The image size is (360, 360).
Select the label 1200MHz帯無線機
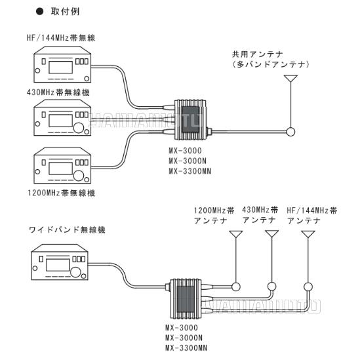pos(61,193)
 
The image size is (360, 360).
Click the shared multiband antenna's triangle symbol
pos(290,81)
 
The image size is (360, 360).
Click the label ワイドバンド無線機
pos(67,230)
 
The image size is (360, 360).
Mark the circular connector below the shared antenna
pos(289,132)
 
